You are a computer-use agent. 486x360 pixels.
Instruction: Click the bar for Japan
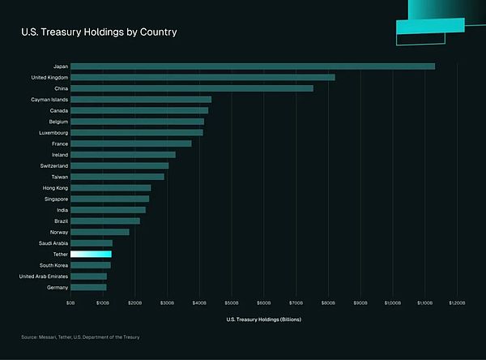pyautogui.click(x=252, y=66)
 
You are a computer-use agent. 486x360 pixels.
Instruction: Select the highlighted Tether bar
pyautogui.click(x=91, y=254)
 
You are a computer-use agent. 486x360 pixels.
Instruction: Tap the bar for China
pyautogui.click(x=191, y=88)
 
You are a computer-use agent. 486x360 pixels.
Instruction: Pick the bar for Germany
pyautogui.click(x=88, y=287)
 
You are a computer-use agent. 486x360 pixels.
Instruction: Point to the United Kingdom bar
pyautogui.click(x=202, y=77)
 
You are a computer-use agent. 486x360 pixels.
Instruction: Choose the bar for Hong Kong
pyautogui.click(x=110, y=187)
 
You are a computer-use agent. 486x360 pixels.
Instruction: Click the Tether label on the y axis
pyautogui.click(x=58, y=254)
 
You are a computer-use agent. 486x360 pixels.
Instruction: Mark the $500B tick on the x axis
pyautogui.click(x=232, y=302)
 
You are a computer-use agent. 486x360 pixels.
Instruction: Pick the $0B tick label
pyautogui.click(x=70, y=302)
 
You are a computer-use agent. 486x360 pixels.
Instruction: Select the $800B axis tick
pyautogui.click(x=328, y=302)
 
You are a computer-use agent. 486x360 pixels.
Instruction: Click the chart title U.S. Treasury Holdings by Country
pyautogui.click(x=99, y=32)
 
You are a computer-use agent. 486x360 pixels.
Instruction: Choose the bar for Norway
pyautogui.click(x=100, y=232)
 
